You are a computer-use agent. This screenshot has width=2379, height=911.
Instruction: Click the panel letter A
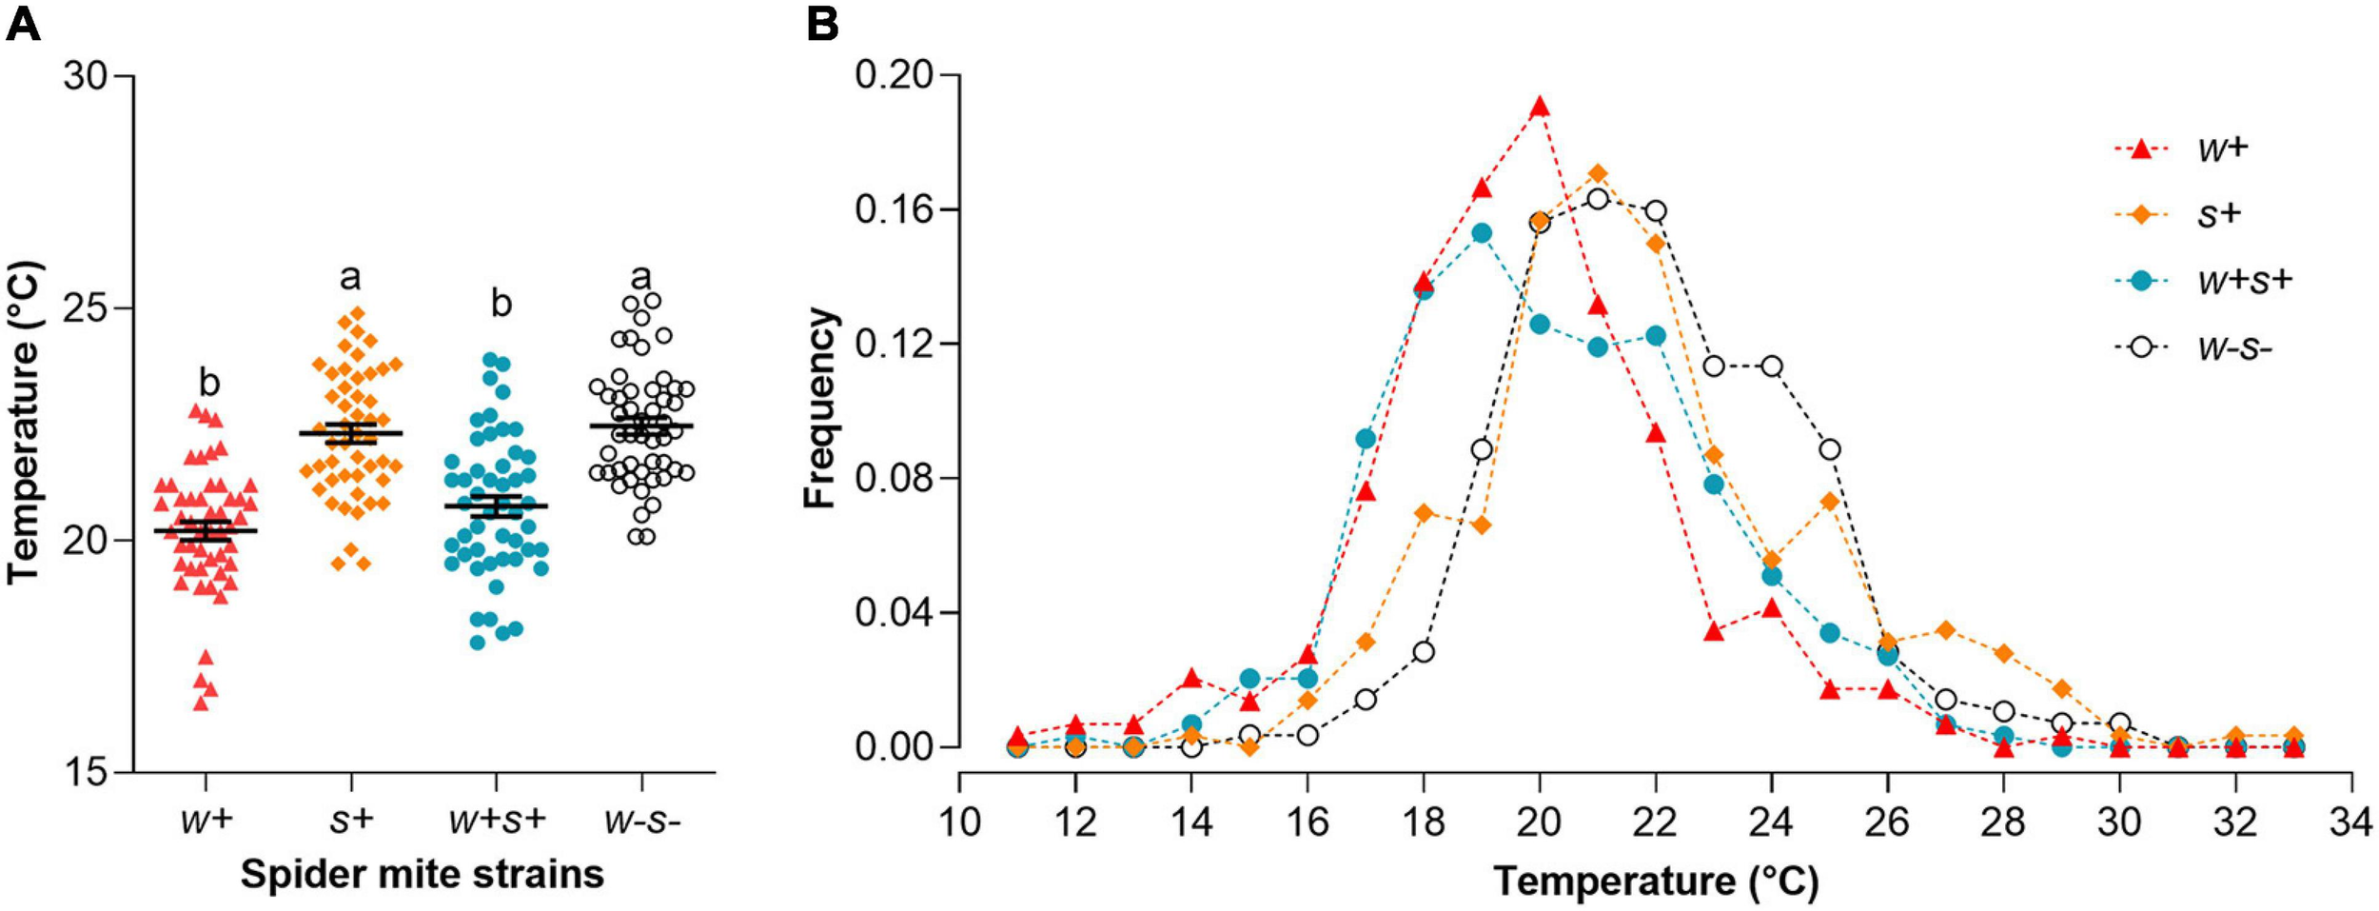coord(23,23)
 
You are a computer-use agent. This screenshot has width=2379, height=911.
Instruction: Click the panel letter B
coord(823,23)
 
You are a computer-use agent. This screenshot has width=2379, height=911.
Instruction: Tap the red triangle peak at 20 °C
coord(1540,107)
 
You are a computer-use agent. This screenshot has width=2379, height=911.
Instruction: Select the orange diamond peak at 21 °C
coord(1598,174)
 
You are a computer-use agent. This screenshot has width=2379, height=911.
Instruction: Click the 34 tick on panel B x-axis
coord(2351,822)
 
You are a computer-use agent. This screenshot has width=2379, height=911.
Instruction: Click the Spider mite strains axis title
coord(422,874)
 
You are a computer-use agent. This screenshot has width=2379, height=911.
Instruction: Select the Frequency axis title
coord(819,408)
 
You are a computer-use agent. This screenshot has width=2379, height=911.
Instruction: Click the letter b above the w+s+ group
coord(501,304)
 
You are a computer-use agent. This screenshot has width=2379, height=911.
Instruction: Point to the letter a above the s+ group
coord(351,277)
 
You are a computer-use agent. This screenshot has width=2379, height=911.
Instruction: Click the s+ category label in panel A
coord(351,820)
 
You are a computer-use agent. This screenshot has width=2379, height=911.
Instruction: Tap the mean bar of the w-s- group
coord(641,426)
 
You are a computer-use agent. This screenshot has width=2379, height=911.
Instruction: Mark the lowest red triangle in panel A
coord(202,703)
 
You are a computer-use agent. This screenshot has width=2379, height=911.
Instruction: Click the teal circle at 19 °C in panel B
coord(1482,233)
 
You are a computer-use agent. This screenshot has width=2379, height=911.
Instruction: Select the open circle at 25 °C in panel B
coord(1829,449)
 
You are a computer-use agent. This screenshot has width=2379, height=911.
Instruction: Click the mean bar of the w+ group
coord(206,530)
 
